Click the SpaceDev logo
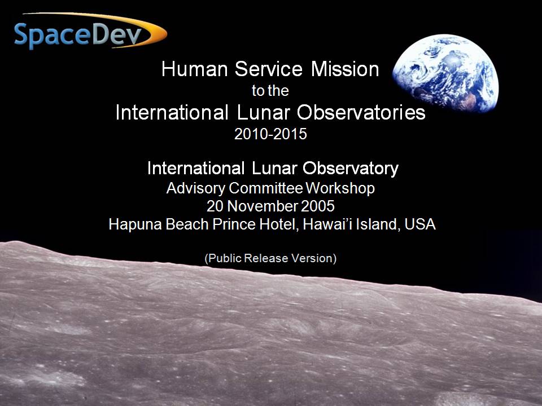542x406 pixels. (90, 32)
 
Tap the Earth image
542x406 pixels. (445, 73)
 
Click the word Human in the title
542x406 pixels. (195, 69)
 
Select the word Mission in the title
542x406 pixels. (345, 69)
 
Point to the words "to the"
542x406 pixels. (270, 91)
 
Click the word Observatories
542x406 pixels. (361, 112)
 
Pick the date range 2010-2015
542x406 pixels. (270, 134)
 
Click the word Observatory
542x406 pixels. (351, 169)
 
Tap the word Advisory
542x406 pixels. (196, 188)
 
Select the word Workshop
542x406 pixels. (340, 188)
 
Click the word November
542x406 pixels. (263, 206)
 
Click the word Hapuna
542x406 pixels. (136, 224)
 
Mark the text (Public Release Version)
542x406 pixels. (270, 258)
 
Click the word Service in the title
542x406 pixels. (269, 69)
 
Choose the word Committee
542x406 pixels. (265, 188)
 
